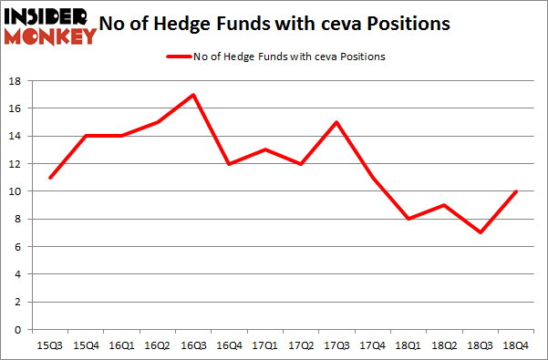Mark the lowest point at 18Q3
click(x=481, y=232)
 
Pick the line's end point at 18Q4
click(x=517, y=191)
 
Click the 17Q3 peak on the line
click(x=336, y=122)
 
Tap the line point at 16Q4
click(x=228, y=164)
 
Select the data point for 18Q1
click(x=408, y=219)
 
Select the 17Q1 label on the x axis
click(x=264, y=345)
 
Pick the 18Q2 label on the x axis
click(x=445, y=345)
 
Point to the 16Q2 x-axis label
click(x=156, y=345)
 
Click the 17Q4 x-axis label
click(x=373, y=345)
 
